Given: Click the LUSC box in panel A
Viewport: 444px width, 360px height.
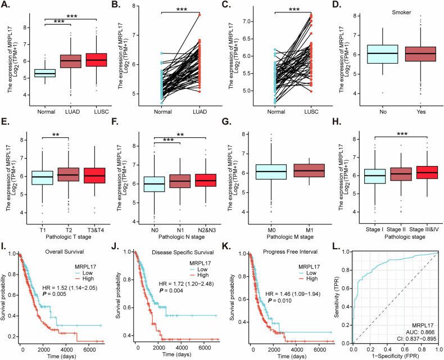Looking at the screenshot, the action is pos(97,60).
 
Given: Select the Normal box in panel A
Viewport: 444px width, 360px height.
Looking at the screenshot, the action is pos(45,73).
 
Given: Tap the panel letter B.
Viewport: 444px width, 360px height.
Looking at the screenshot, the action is pos(116,6).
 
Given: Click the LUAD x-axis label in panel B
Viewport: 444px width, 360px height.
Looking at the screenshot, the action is pos(200,112).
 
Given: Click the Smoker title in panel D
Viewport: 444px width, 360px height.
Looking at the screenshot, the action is pos(401,12).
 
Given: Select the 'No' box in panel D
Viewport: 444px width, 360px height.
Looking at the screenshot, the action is pos(382,54).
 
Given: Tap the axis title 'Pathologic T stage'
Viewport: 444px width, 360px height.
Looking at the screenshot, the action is pos(69,237).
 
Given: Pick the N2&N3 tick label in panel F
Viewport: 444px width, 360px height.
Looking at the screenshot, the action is pos(206,230).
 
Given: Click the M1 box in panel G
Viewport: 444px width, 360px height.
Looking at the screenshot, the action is pos(309,170).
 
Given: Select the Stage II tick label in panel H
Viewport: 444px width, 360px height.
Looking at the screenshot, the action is pos(396,229).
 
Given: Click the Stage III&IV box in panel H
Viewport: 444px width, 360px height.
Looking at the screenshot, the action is pos(427,172).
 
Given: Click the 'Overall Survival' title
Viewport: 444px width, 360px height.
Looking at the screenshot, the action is pos(65,251).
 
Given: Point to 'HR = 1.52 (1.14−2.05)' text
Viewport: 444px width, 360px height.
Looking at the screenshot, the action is pos(70,288).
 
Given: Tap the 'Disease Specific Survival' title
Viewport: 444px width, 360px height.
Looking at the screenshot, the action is pos(183,253).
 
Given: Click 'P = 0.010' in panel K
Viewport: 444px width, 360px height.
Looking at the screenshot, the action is pos(280,300).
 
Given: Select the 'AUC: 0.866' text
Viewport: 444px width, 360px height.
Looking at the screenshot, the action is pos(423,332).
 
